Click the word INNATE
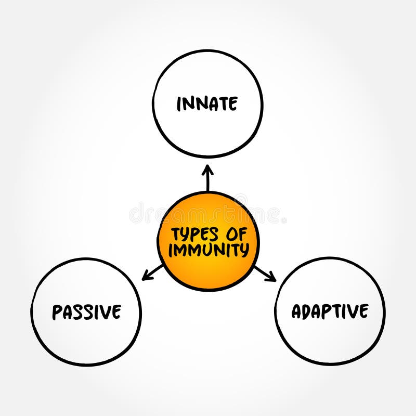tap(207, 104)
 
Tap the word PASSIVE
tap(86, 312)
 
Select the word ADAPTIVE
tap(330, 311)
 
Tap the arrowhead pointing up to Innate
tap(207, 169)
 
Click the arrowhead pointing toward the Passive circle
tap(145, 278)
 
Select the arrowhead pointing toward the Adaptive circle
tap(272, 279)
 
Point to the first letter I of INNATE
tap(179, 105)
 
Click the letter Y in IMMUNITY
tap(244, 250)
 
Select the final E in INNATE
tap(233, 104)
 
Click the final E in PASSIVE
tap(116, 312)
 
